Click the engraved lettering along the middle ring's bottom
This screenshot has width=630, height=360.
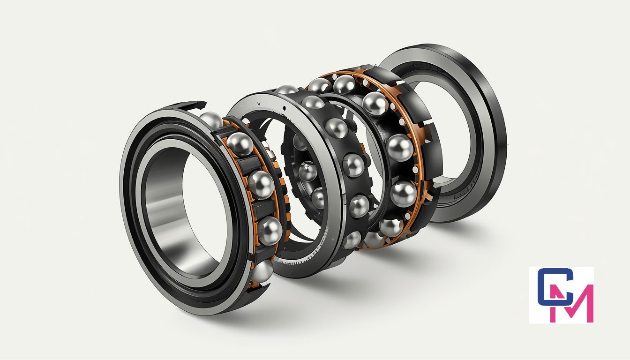tap(300, 260)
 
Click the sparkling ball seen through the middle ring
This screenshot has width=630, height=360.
tap(307, 171)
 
